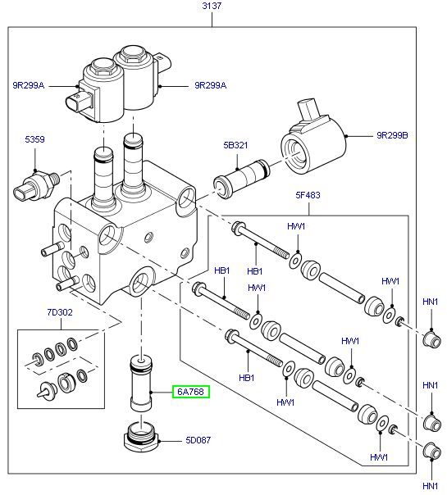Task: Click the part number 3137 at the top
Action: [212, 7]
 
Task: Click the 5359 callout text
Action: [35, 140]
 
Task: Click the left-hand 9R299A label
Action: [29, 84]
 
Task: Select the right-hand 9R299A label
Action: [211, 84]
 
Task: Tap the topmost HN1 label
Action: [430, 302]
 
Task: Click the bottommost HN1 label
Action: [430, 485]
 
